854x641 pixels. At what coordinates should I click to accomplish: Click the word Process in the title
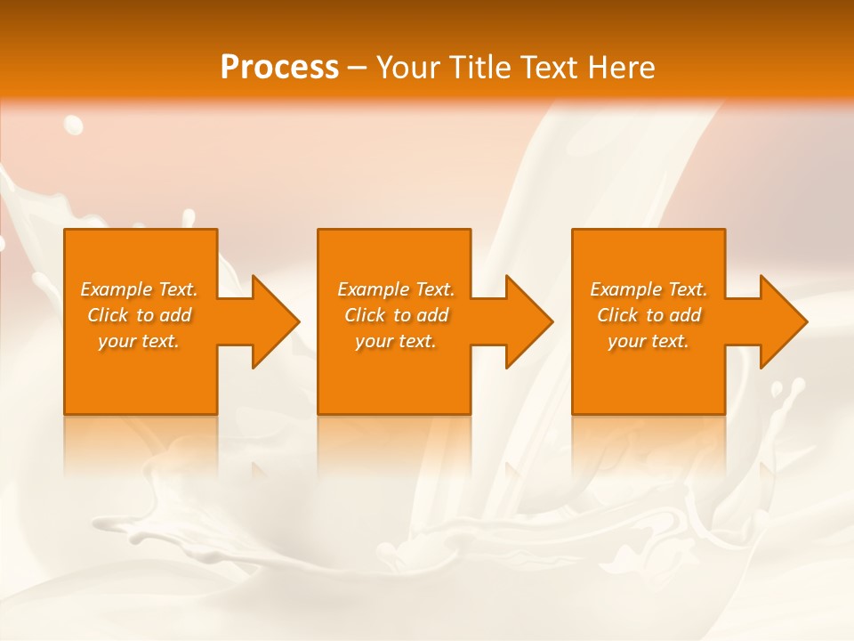(x=279, y=68)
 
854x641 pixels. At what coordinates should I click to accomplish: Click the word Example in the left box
(x=116, y=289)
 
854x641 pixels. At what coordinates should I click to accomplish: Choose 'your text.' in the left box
(x=139, y=341)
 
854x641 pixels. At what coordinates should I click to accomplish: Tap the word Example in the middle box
(x=373, y=289)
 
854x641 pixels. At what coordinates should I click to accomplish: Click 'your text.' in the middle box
(x=395, y=341)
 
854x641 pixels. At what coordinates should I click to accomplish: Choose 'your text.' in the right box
(x=649, y=341)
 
